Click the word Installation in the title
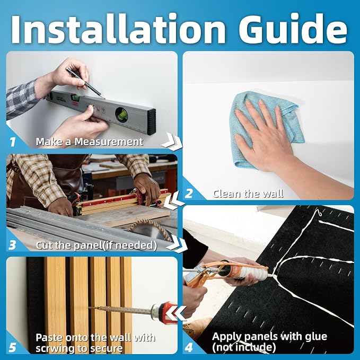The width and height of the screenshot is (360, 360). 118,28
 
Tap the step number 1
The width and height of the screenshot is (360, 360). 12,142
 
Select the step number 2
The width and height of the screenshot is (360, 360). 189,194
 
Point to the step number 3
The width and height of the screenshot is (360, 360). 12,245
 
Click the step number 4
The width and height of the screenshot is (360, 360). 189,347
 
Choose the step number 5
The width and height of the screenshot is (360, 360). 12,347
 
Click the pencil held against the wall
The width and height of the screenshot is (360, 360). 85,83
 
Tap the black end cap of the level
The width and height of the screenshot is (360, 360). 152,122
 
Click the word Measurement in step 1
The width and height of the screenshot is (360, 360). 109,142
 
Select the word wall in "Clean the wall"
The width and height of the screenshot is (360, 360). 273,194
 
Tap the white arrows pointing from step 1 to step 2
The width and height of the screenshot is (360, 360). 171,141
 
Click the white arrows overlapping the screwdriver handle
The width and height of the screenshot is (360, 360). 176,313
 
